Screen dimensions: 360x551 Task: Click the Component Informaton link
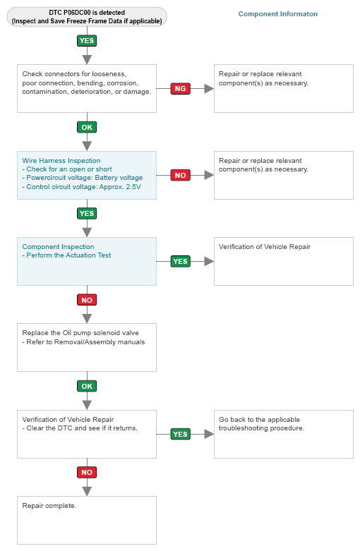click(277, 14)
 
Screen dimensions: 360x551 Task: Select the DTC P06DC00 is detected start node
click(87, 17)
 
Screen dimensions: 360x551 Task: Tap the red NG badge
click(180, 89)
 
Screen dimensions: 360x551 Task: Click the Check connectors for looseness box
click(87, 89)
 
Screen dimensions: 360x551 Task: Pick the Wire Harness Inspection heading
click(61, 161)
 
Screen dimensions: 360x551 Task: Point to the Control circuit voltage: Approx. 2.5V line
click(82, 186)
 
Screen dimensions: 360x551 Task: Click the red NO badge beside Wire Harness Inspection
click(180, 175)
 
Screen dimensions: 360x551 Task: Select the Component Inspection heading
click(58, 247)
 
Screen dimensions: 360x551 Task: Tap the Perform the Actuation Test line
click(66, 255)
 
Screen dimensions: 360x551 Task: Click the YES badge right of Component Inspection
click(180, 262)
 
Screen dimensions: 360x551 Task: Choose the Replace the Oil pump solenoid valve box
click(87, 348)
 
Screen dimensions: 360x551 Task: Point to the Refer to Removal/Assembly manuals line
click(83, 342)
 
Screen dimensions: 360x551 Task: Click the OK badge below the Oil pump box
click(87, 386)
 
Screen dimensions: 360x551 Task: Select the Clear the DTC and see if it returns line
click(80, 428)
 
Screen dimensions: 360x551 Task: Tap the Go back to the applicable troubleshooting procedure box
click(284, 434)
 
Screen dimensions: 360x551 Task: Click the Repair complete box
click(87, 521)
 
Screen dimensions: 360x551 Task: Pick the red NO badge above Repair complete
click(87, 472)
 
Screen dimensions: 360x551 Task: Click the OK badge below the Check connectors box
click(87, 127)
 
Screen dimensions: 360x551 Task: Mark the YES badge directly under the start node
click(87, 41)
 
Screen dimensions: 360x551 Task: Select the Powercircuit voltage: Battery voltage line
click(83, 178)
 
